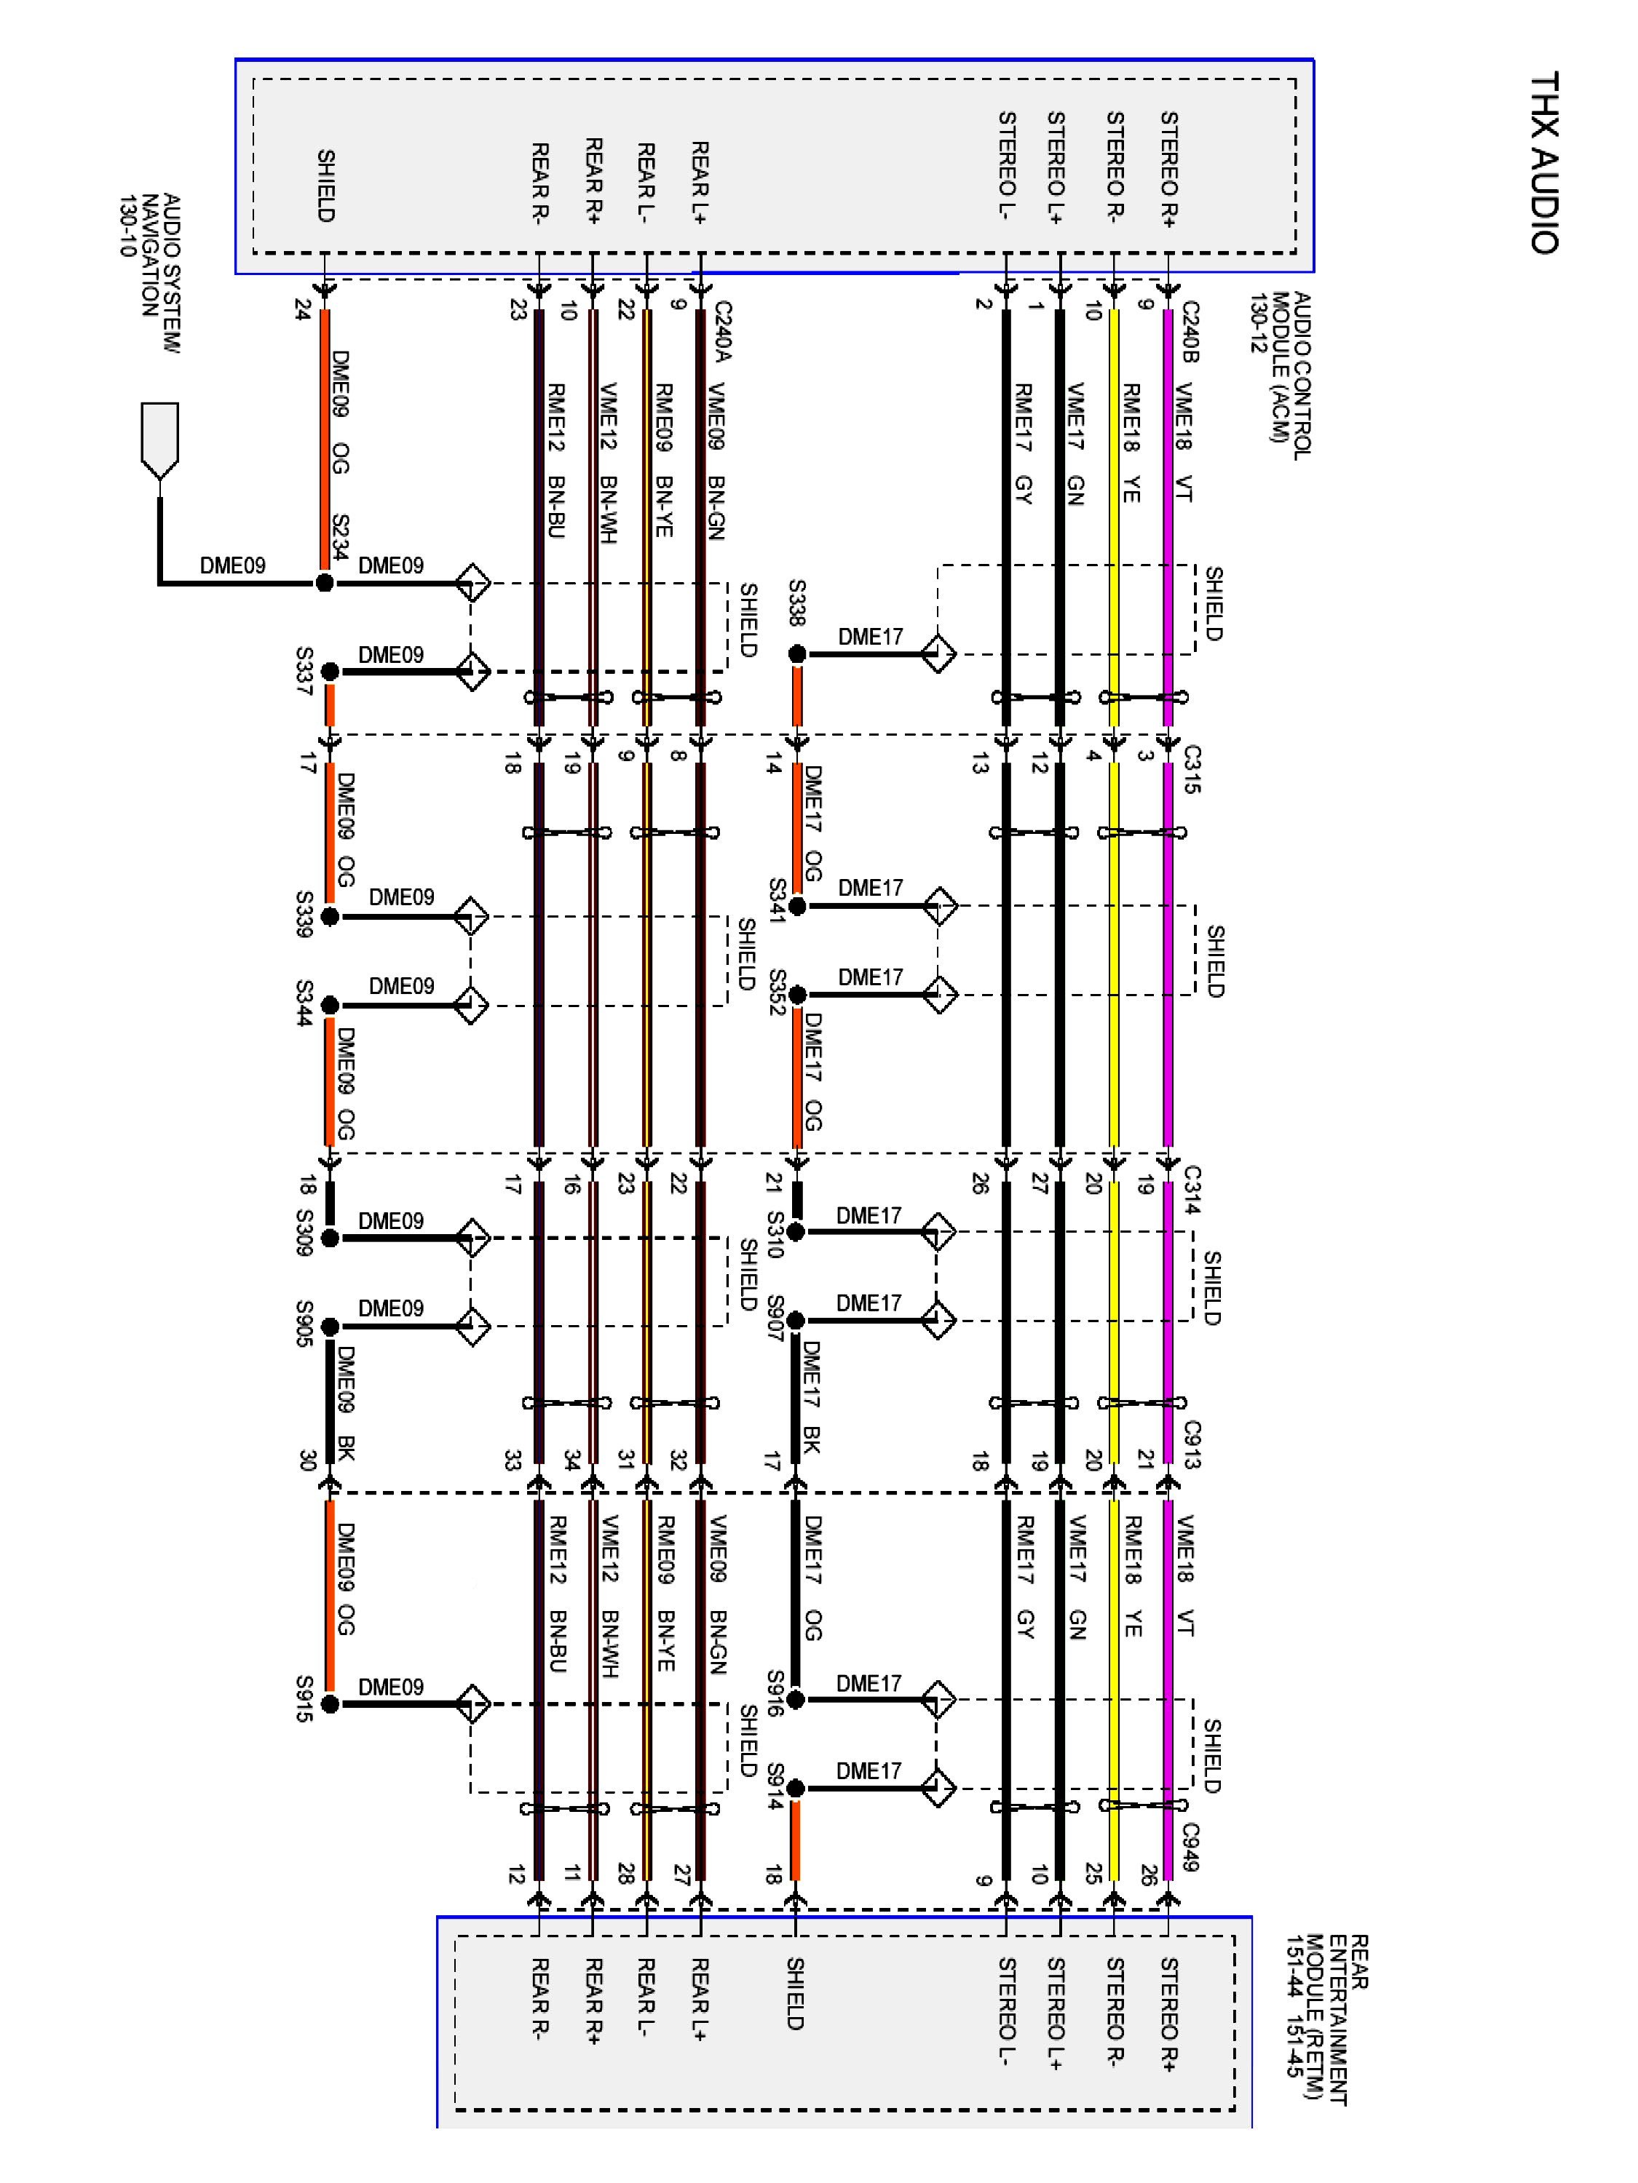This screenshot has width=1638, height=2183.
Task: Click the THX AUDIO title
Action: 1543,163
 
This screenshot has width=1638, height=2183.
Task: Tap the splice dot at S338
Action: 796,653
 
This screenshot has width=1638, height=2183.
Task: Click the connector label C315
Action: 1192,770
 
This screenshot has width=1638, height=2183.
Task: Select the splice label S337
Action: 304,671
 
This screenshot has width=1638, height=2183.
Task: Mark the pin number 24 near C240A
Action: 302,309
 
